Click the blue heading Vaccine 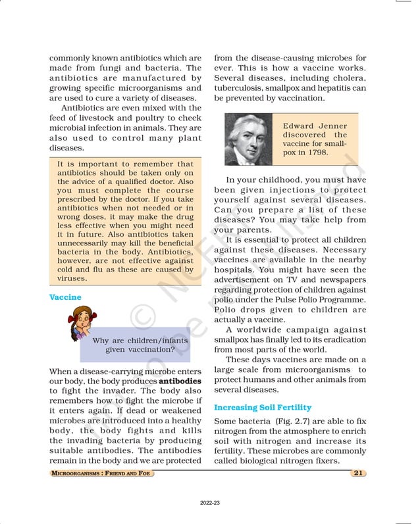pyautogui.click(x=65, y=297)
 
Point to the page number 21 pyautogui.click(x=358, y=473)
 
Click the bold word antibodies pyautogui.click(x=180, y=381)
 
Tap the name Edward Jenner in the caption pyautogui.click(x=314, y=126)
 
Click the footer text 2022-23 pyautogui.click(x=210, y=502)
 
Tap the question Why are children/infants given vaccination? pyautogui.click(x=140, y=345)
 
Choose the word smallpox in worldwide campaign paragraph pyautogui.click(x=234, y=339)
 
